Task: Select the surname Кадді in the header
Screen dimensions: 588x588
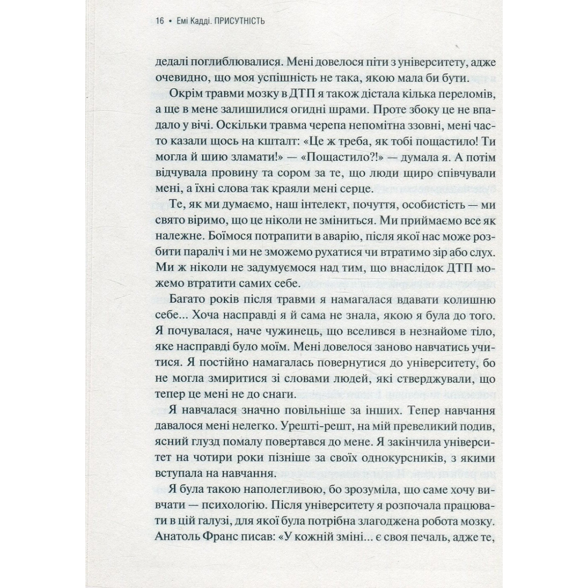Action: tap(201, 21)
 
